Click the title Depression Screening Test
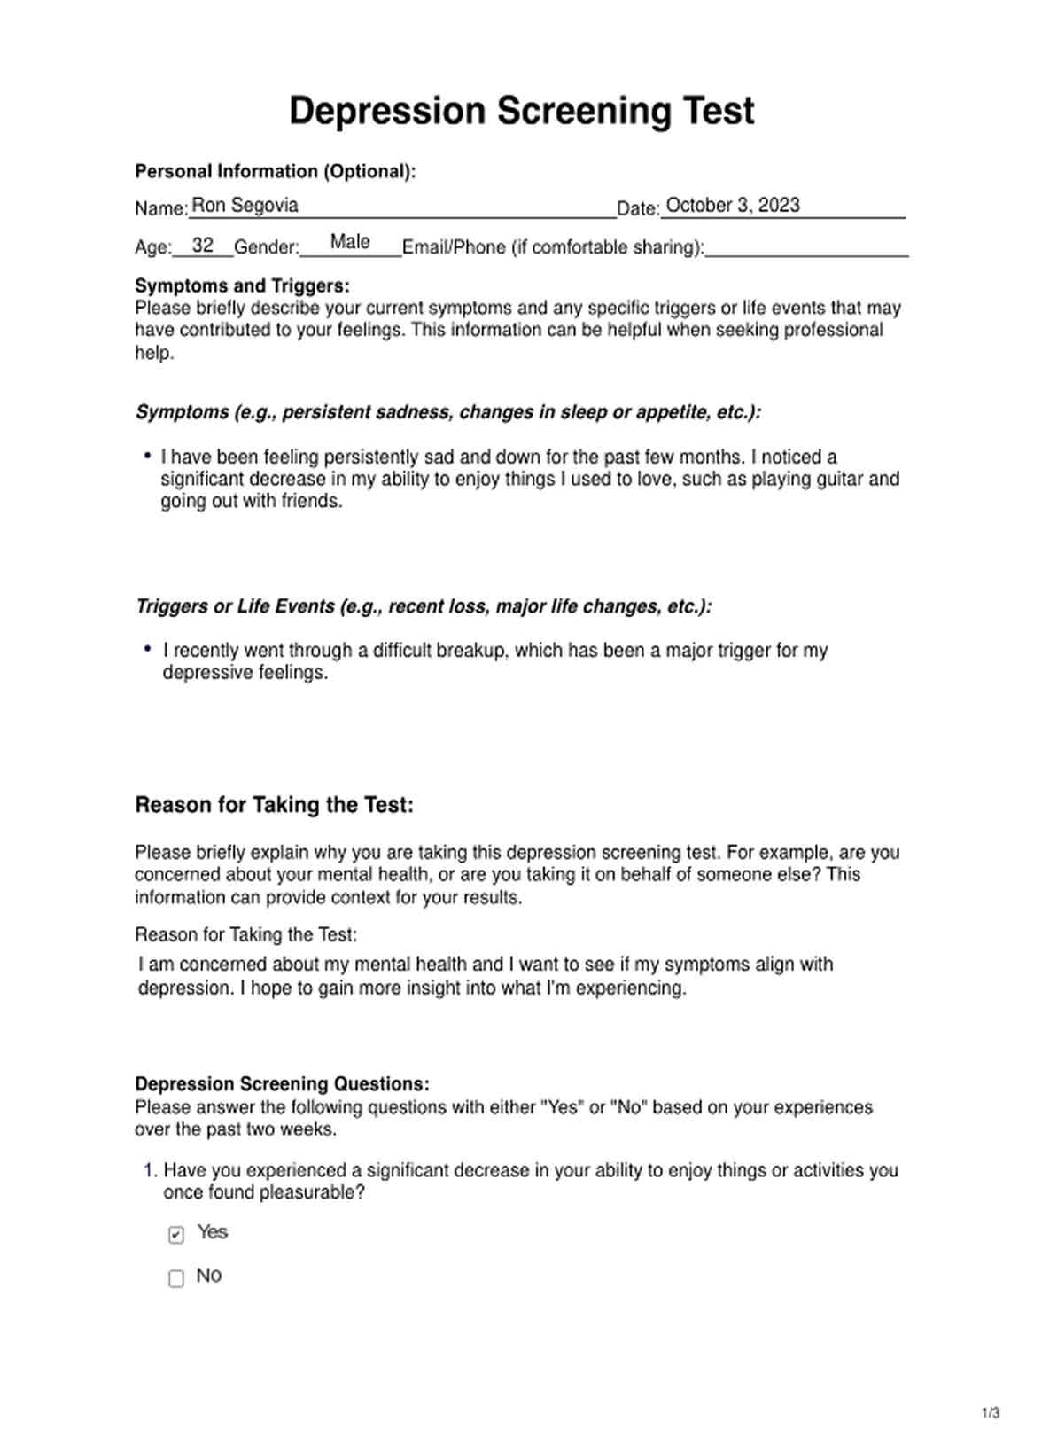pos(521,112)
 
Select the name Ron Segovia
pos(245,206)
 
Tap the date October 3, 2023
pos(732,206)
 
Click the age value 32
pos(203,246)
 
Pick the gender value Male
pos(350,242)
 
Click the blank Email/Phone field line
pos(806,251)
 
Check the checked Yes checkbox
pos(176,1235)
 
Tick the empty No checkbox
pos(176,1278)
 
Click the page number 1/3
pos(991,1413)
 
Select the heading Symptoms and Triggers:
pos(242,285)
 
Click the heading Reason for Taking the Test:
pos(274,805)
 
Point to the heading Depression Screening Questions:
pos(282,1083)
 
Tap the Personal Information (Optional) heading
pos(275,171)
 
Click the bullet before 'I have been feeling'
pos(147,456)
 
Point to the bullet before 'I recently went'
pos(147,649)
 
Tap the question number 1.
pos(150,1170)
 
